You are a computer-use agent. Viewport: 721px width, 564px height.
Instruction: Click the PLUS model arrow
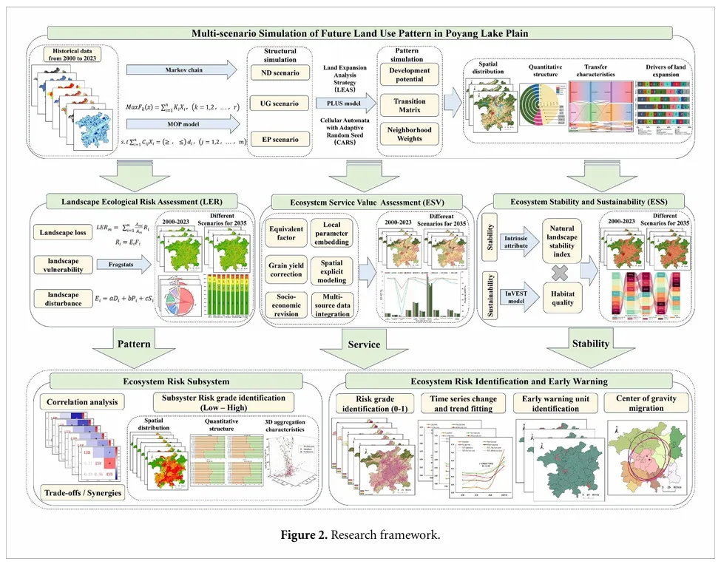click(342, 103)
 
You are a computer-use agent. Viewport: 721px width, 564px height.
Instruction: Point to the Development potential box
click(409, 74)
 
